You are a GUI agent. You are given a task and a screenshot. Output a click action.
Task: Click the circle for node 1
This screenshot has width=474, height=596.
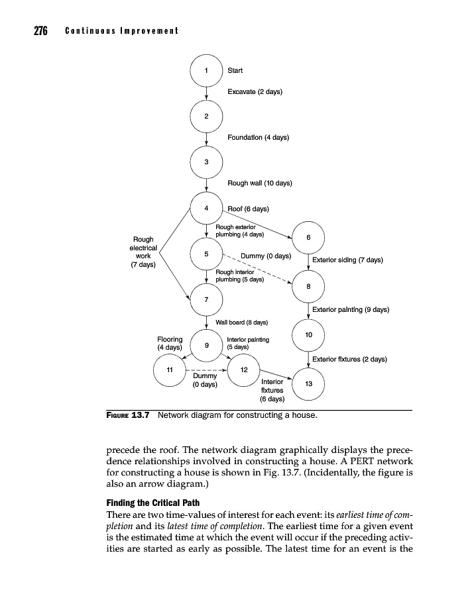pyautogui.click(x=206, y=70)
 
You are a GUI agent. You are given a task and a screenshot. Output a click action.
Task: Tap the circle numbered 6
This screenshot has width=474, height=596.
pyautogui.click(x=308, y=238)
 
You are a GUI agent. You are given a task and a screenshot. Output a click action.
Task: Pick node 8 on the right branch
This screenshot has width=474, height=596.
pyautogui.click(x=308, y=286)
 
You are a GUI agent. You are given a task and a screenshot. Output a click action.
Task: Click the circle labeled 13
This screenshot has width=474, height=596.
pyautogui.click(x=308, y=383)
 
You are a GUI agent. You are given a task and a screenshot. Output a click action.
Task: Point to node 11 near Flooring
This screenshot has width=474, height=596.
pyautogui.click(x=169, y=370)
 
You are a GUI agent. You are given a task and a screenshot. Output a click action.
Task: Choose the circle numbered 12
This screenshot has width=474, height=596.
pyautogui.click(x=243, y=370)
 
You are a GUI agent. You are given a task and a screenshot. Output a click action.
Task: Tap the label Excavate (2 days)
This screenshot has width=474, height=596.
pyautogui.click(x=255, y=91)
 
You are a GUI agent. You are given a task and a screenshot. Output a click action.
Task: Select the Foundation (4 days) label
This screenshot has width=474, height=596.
pyautogui.click(x=258, y=137)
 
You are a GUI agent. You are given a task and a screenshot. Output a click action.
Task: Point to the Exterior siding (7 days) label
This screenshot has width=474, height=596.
pyautogui.click(x=347, y=260)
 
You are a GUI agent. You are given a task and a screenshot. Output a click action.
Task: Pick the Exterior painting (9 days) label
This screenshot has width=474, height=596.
pyautogui.click(x=350, y=309)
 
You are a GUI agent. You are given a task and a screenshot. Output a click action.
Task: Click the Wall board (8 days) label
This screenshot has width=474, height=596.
pyautogui.click(x=242, y=323)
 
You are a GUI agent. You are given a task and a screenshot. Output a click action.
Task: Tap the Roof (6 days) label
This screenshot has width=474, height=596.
pyautogui.click(x=248, y=209)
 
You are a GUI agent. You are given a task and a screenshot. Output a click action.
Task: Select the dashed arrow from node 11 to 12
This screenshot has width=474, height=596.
pyautogui.click(x=206, y=370)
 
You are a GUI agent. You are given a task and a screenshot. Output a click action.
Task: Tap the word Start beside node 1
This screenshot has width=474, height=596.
pyautogui.click(x=235, y=70)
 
